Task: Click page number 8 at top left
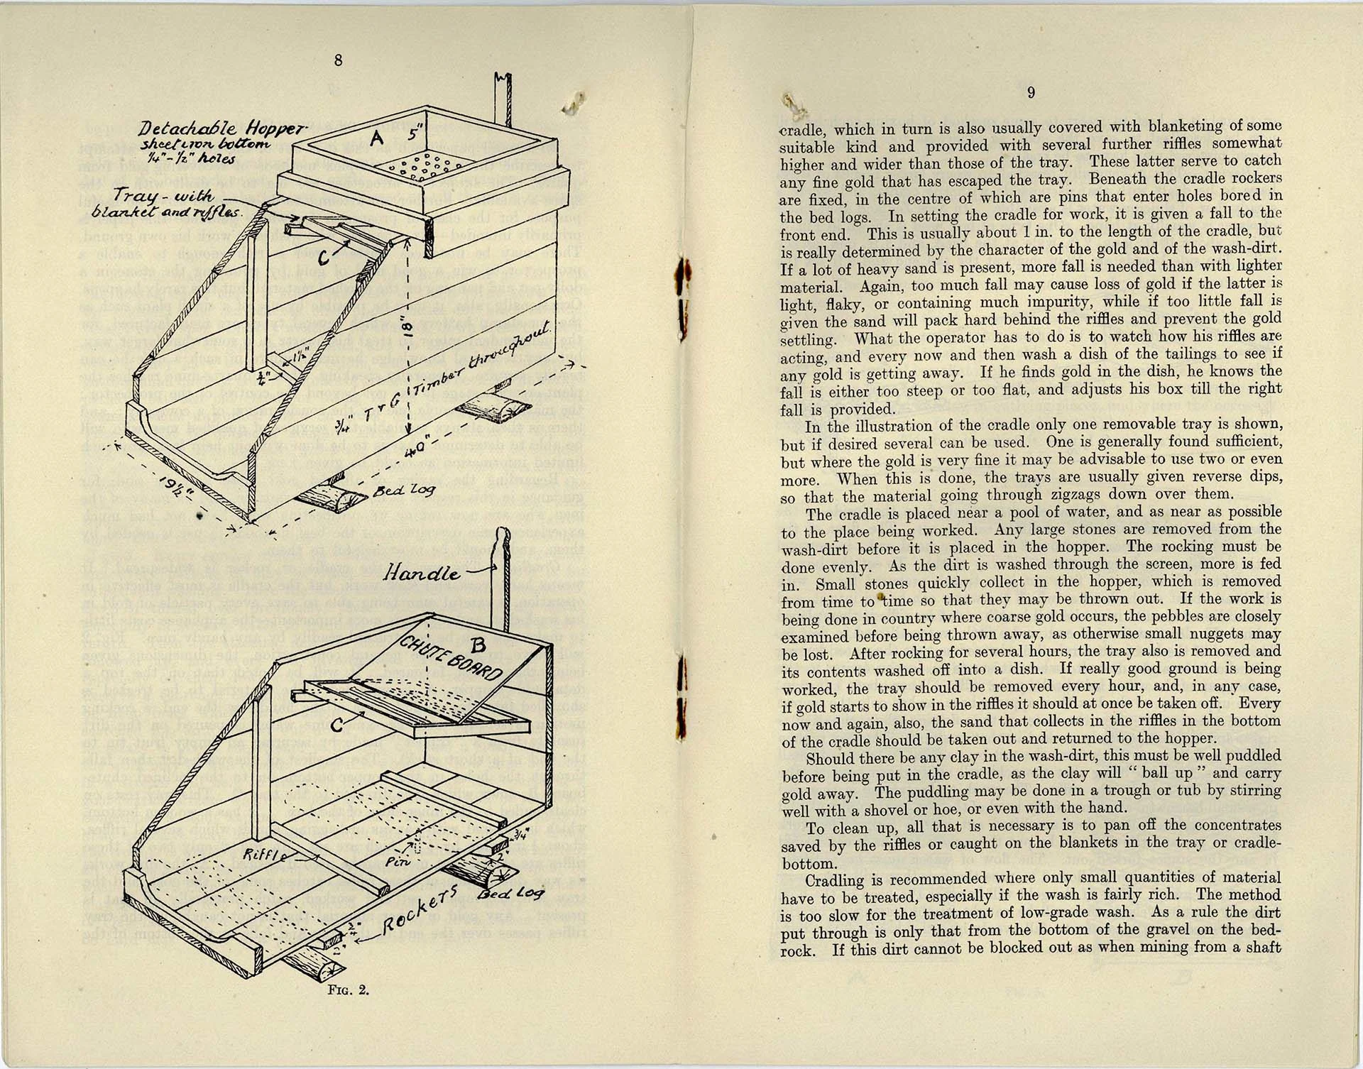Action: pos(338,60)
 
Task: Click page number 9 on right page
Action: pos(1031,92)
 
